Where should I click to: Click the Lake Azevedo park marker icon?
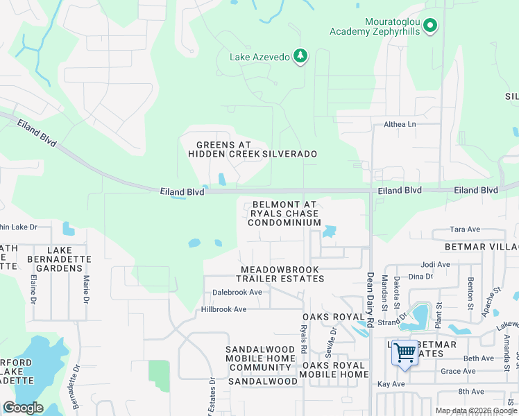pos(300,56)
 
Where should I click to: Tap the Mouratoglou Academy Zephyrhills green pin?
pos(430,26)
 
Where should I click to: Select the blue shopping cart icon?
pos(405,353)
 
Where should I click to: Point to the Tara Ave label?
pos(465,229)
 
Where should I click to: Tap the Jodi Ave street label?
pos(436,264)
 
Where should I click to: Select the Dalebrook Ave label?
pos(237,293)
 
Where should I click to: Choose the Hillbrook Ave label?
pos(224,309)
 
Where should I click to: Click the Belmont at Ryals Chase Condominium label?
pos(284,214)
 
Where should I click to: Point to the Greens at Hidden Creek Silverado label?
pos(253,149)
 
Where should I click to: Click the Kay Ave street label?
pos(392,383)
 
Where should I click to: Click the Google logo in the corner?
pos(23,408)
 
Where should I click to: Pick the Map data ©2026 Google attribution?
pos(477,410)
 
